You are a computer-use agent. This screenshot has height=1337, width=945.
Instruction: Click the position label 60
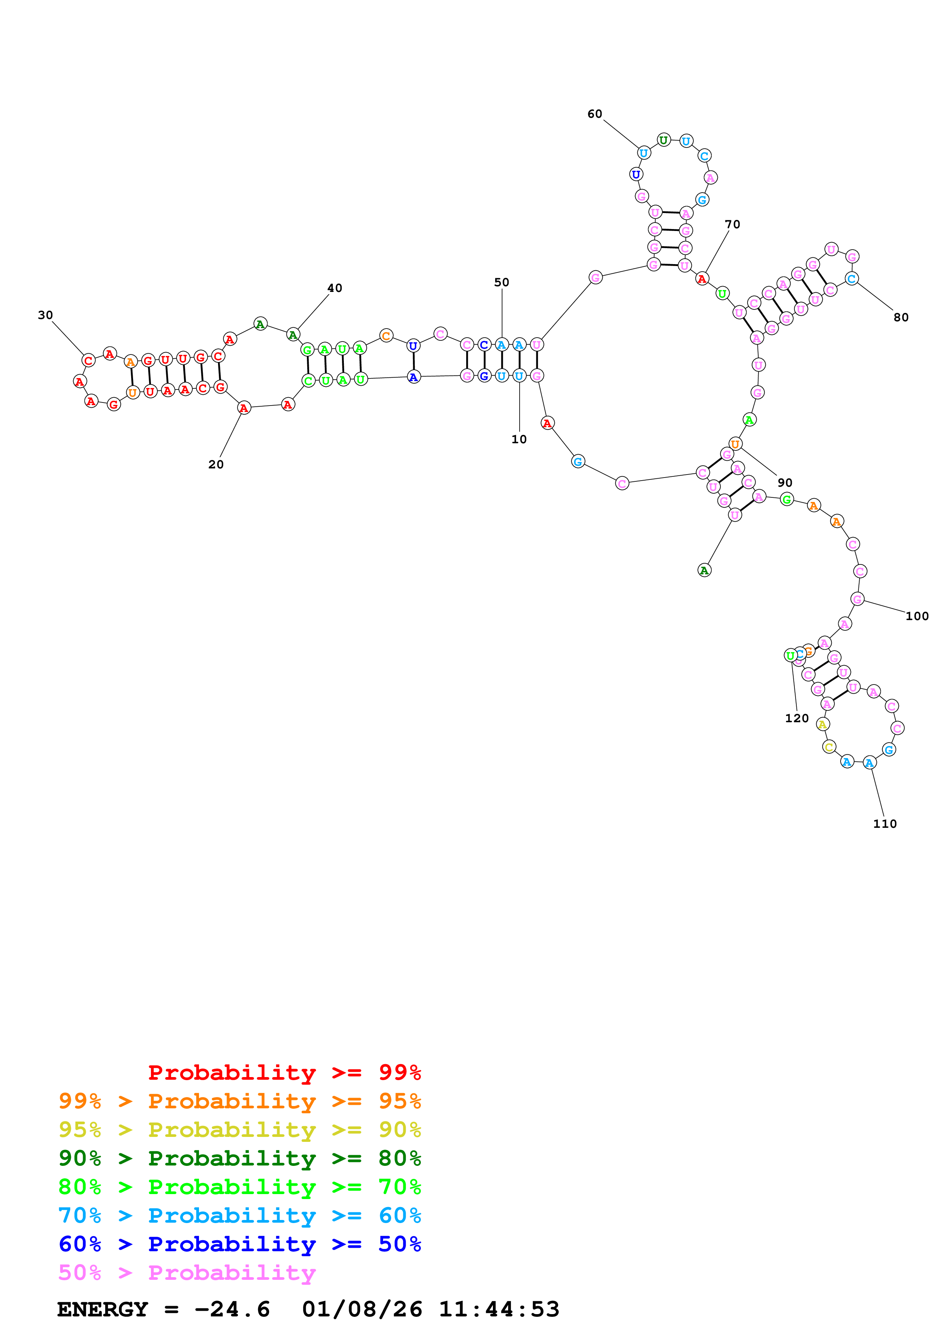(594, 114)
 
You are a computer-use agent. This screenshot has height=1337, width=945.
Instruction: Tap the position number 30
(45, 315)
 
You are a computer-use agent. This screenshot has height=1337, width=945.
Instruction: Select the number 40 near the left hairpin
(334, 288)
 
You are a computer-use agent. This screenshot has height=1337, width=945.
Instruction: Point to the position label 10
(519, 440)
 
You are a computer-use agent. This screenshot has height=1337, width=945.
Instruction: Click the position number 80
(901, 317)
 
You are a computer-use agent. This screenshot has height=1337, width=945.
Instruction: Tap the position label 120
(797, 718)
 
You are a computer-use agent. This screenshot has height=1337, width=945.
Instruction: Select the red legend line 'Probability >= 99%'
(284, 1072)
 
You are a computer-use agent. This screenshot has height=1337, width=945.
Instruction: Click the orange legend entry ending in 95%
(239, 1101)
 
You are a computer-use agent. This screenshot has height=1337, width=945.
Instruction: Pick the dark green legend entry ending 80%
(239, 1158)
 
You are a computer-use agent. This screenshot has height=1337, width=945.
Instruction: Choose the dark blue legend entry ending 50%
(239, 1244)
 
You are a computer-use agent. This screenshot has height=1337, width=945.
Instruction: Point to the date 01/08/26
(362, 1310)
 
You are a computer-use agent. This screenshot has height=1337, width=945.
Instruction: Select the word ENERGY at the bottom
(103, 1310)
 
